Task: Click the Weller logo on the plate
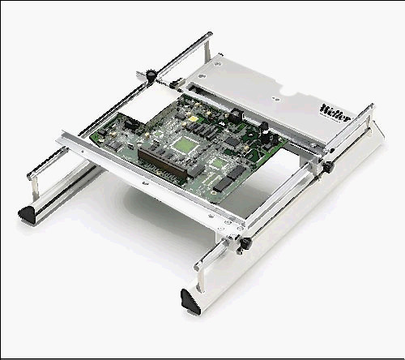click(x=335, y=113)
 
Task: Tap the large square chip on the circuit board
click(x=185, y=145)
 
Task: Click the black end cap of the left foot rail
click(x=27, y=213)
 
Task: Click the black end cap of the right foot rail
click(x=190, y=301)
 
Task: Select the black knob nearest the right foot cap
click(x=245, y=242)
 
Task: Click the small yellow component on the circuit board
click(x=194, y=118)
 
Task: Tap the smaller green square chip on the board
click(x=219, y=163)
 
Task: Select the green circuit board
click(x=189, y=146)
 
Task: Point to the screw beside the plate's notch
click(x=275, y=99)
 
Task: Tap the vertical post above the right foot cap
click(x=200, y=278)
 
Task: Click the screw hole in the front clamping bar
click(x=145, y=183)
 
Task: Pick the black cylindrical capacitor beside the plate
click(x=234, y=114)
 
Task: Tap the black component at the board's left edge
click(x=130, y=125)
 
